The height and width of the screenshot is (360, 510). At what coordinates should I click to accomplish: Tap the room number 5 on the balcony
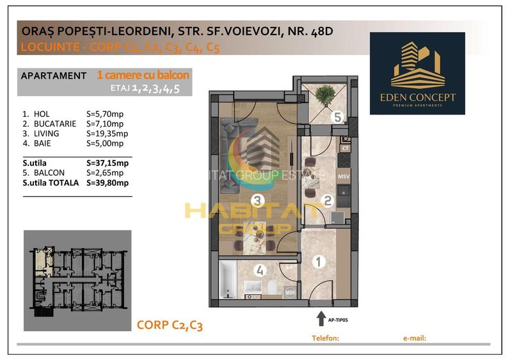click(337, 118)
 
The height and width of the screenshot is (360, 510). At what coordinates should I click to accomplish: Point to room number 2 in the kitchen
click(328, 201)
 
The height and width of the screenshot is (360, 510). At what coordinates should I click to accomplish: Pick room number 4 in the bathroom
click(260, 270)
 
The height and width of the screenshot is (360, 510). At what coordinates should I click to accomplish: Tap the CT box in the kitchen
click(344, 148)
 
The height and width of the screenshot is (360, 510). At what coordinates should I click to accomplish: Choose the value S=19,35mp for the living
click(107, 134)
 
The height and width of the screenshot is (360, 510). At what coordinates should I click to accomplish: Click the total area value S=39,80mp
click(107, 183)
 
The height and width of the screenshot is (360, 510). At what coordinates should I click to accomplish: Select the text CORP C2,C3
click(170, 325)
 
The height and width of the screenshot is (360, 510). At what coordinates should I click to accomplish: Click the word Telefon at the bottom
click(324, 338)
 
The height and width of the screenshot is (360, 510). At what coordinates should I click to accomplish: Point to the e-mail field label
click(415, 338)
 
